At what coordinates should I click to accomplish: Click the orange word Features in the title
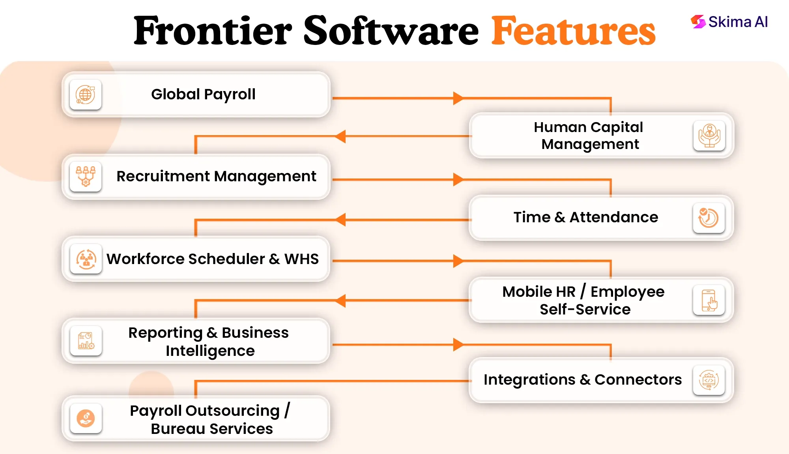point(573,31)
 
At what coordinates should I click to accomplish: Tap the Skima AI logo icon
point(698,22)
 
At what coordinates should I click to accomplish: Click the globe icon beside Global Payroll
point(85,95)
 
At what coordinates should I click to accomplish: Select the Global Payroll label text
point(203,95)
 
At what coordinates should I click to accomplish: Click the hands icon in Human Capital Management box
point(709,136)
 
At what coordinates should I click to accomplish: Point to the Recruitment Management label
point(216,176)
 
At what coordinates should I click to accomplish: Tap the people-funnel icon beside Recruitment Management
point(85,176)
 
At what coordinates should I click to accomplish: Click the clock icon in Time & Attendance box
point(709,218)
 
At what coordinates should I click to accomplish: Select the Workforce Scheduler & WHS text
point(213,259)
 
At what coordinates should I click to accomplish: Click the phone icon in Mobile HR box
point(709,300)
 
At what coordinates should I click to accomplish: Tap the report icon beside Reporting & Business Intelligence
point(86,341)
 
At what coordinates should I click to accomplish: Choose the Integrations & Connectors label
point(583,380)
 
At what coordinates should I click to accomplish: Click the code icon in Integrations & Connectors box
point(709,380)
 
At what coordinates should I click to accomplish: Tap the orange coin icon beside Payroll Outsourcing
point(86,419)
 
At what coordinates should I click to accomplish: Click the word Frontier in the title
point(213,31)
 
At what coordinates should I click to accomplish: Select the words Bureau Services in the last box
point(212,429)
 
